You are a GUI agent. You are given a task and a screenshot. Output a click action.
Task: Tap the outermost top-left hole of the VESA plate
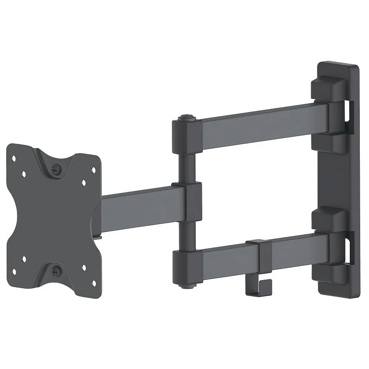[x=14, y=158]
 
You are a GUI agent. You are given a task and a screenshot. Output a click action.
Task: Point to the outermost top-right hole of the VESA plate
[x=93, y=170]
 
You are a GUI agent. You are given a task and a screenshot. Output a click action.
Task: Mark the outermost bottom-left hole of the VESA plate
[x=14, y=272]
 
